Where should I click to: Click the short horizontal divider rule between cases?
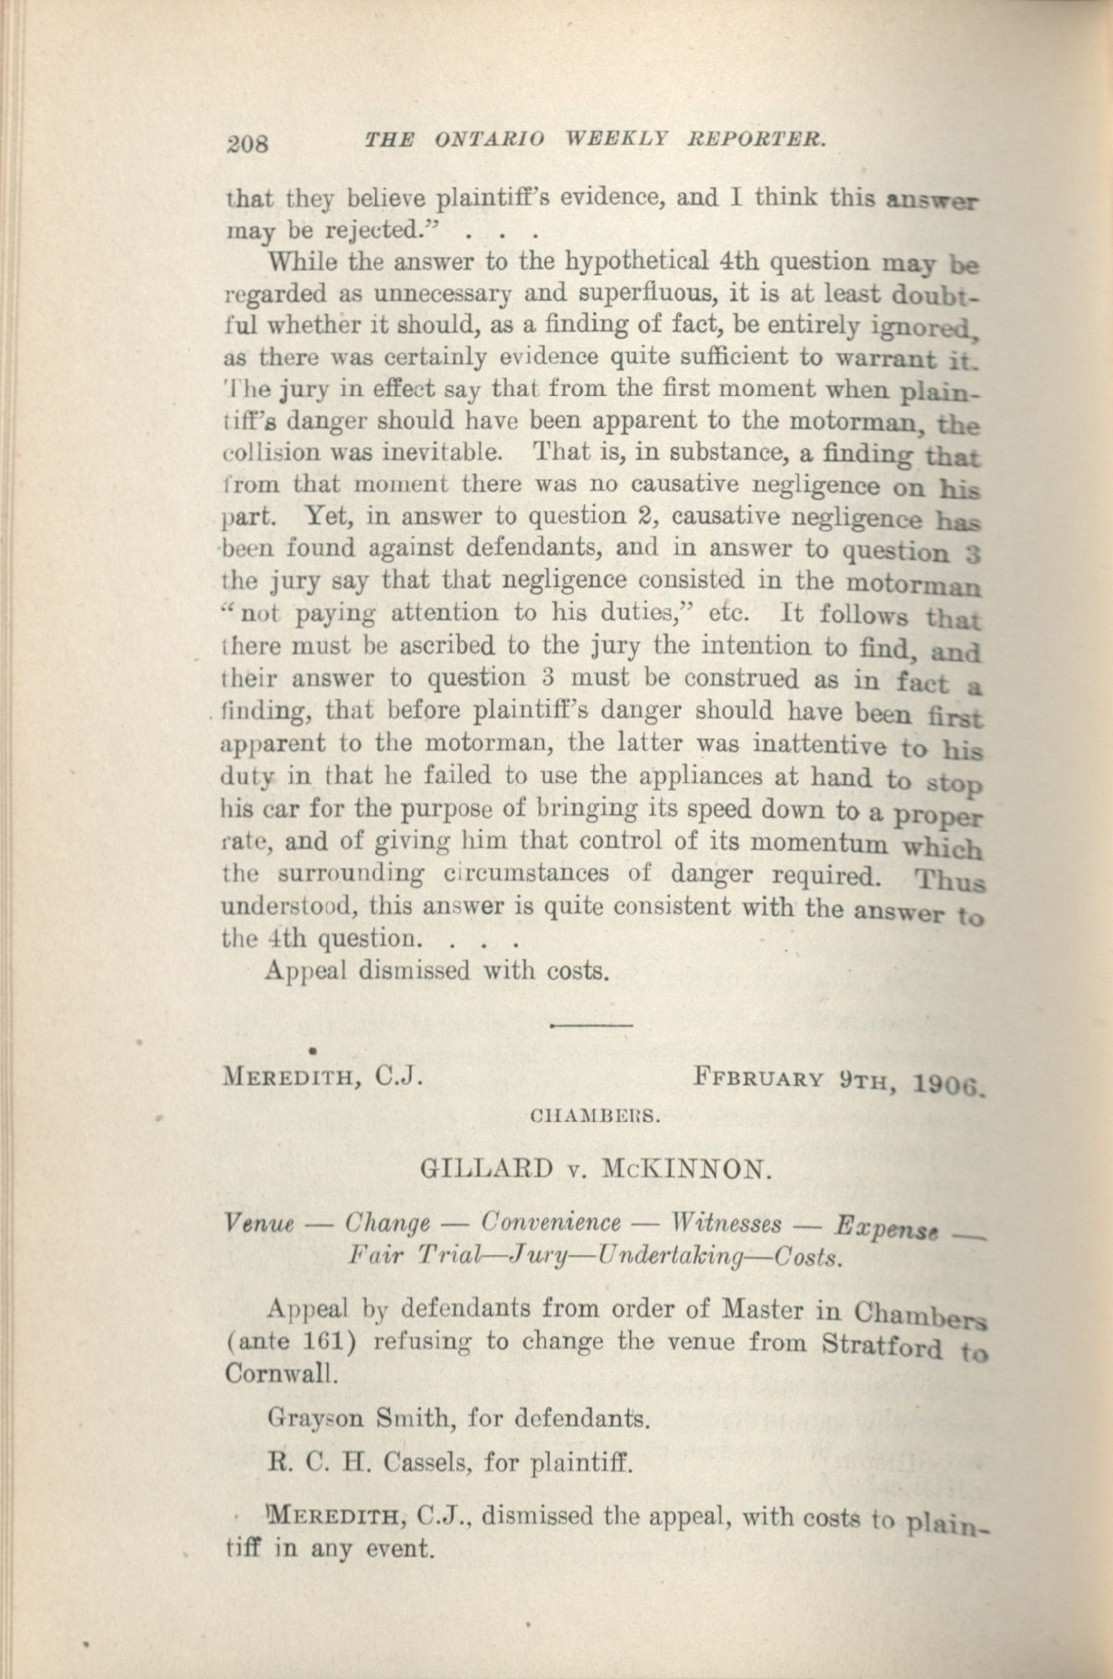click(x=591, y=1026)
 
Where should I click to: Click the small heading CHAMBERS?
click(x=596, y=1118)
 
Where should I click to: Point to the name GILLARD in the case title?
click(x=486, y=1168)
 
